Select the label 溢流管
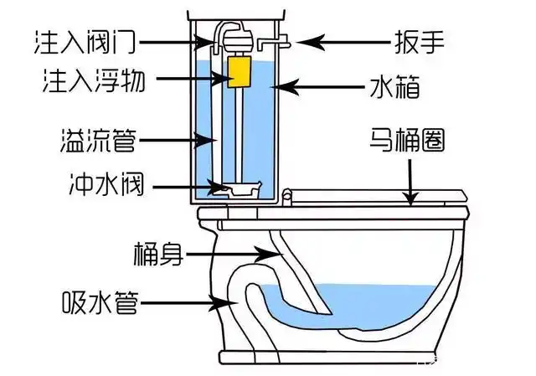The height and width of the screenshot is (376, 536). coord(97,136)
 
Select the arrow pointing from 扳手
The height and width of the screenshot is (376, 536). coord(327,39)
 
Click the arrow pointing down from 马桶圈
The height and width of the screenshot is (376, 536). coord(410,180)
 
